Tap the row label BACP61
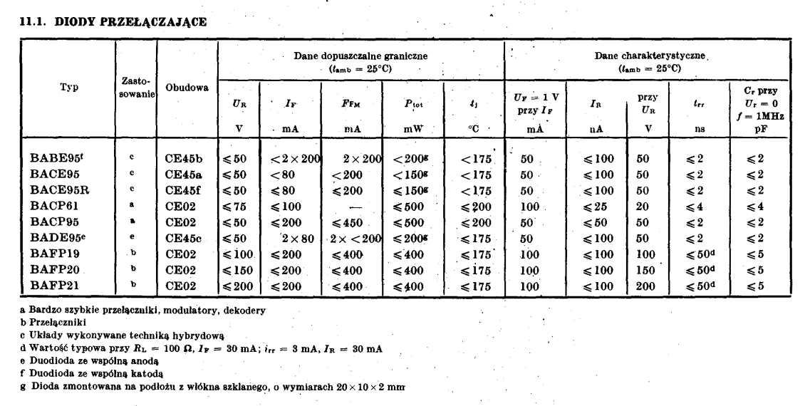click(x=55, y=206)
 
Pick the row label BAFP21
click(x=55, y=286)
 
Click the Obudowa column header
click(x=187, y=87)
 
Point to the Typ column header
click(x=69, y=87)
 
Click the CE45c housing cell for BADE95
click(x=184, y=238)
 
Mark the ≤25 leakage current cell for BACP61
click(x=597, y=206)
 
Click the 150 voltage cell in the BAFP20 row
click(x=645, y=270)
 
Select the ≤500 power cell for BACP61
click(x=409, y=206)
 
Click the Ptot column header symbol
click(x=413, y=104)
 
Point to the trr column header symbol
click(x=699, y=104)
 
